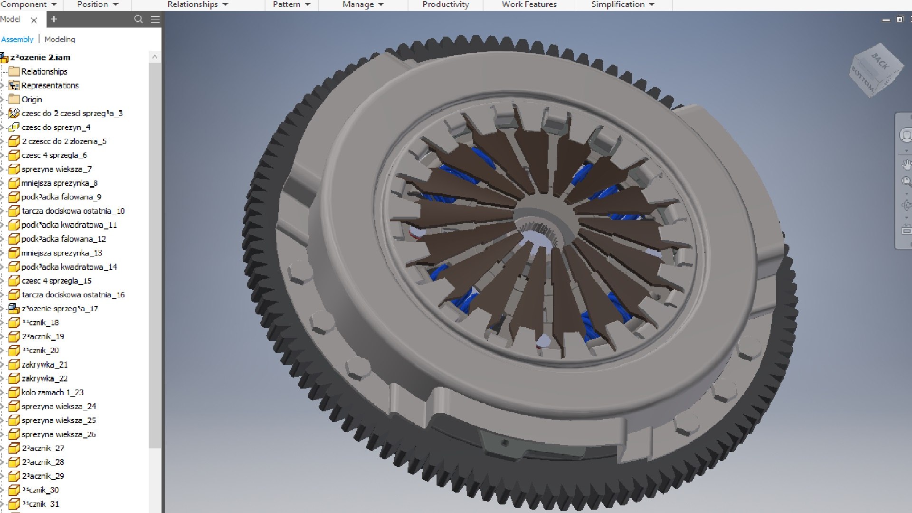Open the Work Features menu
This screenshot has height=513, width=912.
click(529, 4)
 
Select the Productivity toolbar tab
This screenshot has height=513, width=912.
click(446, 4)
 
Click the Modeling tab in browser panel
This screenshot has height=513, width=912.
click(60, 39)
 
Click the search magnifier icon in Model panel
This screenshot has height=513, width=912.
click(138, 19)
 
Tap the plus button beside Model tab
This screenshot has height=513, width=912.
click(54, 19)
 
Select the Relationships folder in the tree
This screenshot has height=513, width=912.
click(44, 72)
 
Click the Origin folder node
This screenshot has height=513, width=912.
click(31, 99)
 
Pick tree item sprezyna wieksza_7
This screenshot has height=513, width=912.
click(57, 169)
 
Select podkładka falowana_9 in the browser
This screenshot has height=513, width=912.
click(61, 197)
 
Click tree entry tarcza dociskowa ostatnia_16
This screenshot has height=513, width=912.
click(73, 295)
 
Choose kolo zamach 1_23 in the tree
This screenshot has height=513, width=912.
click(52, 392)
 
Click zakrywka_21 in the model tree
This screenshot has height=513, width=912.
click(45, 365)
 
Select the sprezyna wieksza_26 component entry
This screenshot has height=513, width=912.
click(58, 435)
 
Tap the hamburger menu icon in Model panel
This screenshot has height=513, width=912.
click(155, 19)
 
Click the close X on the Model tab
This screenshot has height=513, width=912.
click(34, 20)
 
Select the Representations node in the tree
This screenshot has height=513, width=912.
click(50, 85)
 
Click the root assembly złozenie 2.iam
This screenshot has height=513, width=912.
click(40, 57)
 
